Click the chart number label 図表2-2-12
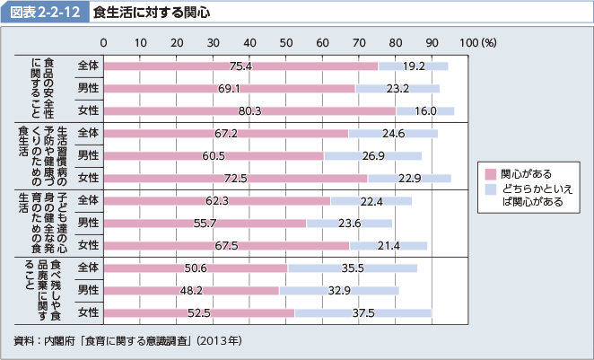coord(46,13)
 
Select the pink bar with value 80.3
coord(249,110)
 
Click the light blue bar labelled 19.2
coord(413,66)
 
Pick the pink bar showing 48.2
coord(191,290)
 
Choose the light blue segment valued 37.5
coord(363,312)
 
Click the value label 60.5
coord(213,155)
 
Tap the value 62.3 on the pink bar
coord(216,200)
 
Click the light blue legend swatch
coord(490,189)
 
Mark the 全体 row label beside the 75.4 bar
coord(88,66)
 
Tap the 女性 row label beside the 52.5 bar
coord(88,312)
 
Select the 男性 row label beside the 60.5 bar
coord(88,155)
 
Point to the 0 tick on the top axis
coord(104,42)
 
